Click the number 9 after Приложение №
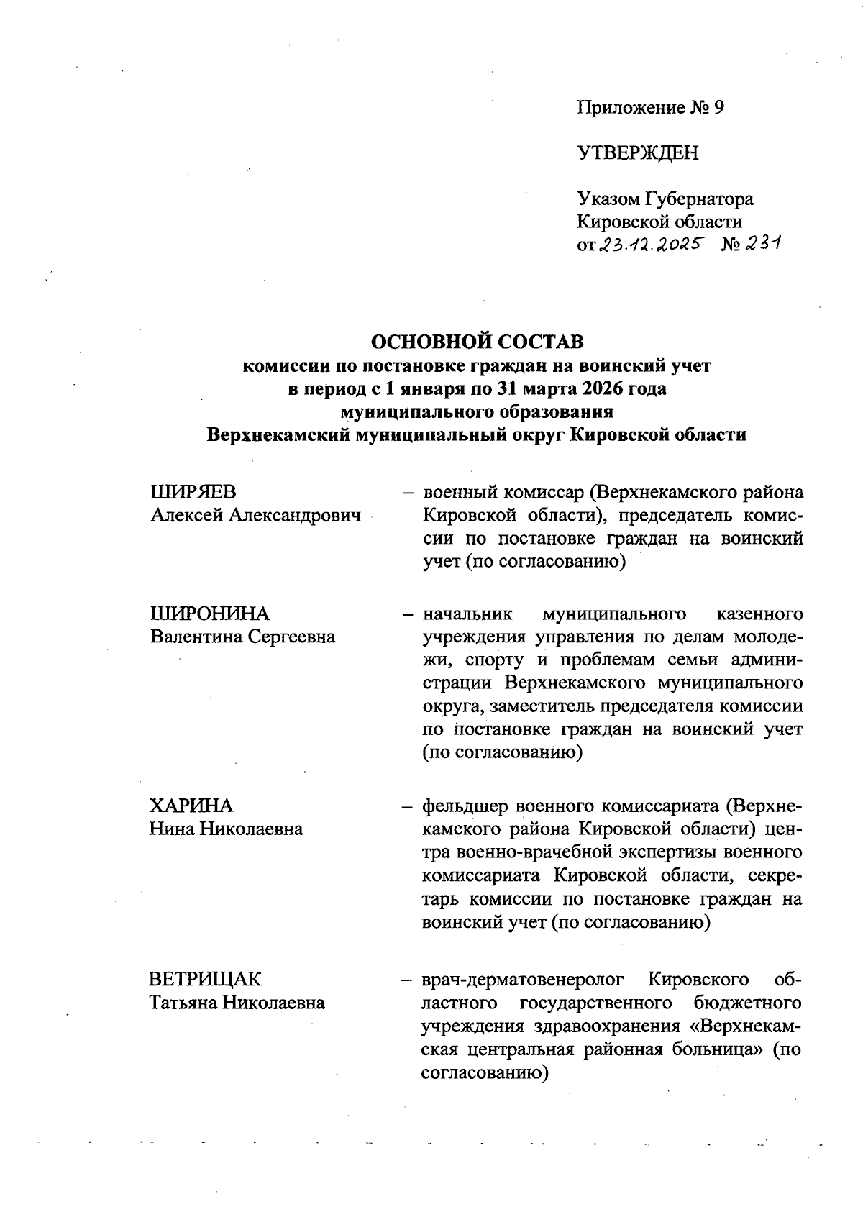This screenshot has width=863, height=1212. click(x=718, y=108)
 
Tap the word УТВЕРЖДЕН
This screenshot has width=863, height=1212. click(x=637, y=152)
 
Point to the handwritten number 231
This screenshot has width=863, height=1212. click(x=762, y=244)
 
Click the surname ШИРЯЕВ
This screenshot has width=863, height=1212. click(x=193, y=493)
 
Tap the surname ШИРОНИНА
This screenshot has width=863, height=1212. click(x=209, y=614)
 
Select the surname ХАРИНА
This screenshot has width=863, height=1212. click(x=191, y=806)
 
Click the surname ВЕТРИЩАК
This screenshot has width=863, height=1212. click(x=206, y=979)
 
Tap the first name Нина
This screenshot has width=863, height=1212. click(x=171, y=829)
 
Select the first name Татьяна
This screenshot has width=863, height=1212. click(x=183, y=1002)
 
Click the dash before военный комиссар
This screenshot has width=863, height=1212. click(x=407, y=493)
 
